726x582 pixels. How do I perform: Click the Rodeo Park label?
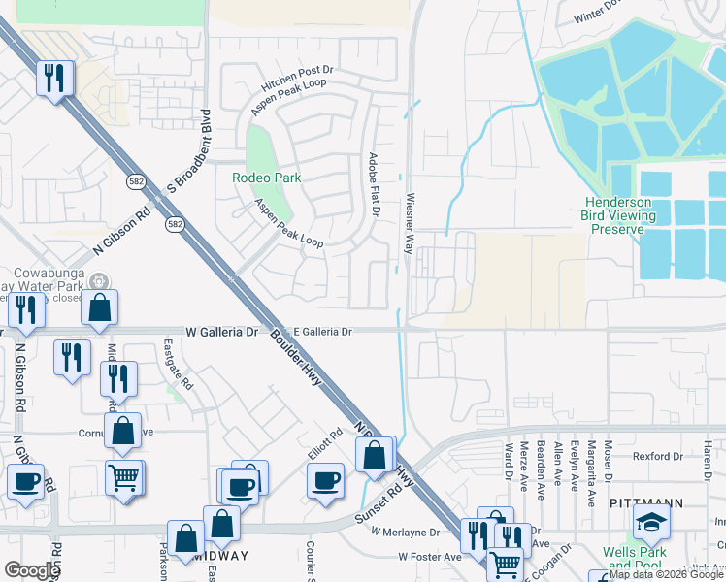pos(266,178)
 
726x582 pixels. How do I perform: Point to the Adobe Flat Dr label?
pos(374,184)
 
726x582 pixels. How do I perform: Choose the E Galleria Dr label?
pos(322,331)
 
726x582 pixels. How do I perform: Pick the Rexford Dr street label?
pos(651,456)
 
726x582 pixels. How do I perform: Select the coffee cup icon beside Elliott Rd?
pos(325,479)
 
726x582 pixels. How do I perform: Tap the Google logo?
pos(31,570)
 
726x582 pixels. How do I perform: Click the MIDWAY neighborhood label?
pos(220,557)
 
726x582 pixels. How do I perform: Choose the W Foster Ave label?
pos(430,558)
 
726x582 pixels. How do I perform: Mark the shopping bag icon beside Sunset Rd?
pos(375,454)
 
